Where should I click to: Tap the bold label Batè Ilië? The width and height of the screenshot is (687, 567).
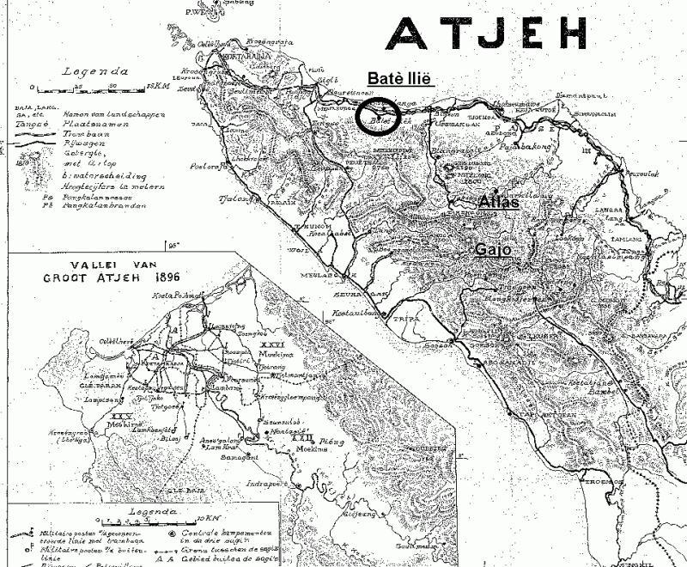tap(399, 78)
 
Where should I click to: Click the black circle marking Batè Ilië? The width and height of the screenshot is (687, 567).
tap(380, 117)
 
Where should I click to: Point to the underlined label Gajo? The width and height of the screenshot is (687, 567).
tap(493, 250)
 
